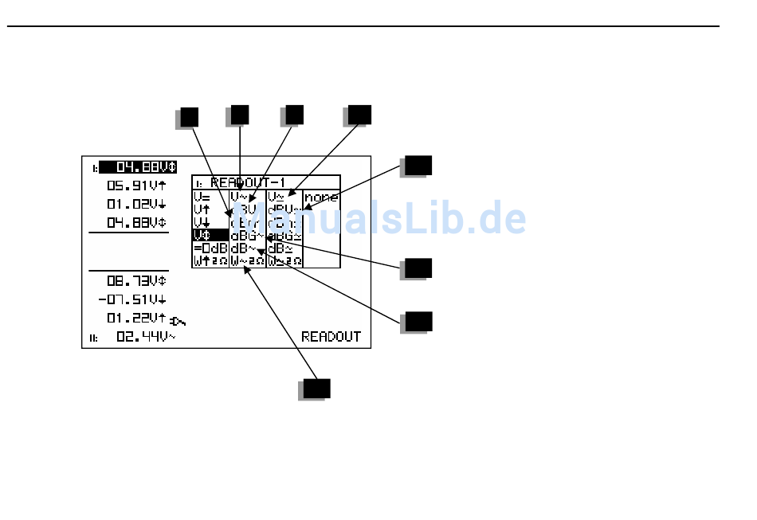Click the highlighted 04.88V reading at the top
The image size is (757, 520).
(x=138, y=167)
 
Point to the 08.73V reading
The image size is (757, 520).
(x=136, y=280)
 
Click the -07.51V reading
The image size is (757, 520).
(x=131, y=299)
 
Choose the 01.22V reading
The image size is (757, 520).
(x=136, y=318)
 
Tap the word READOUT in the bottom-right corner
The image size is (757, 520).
(x=331, y=337)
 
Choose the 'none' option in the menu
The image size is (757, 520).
(x=320, y=197)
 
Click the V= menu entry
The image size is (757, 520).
(x=202, y=197)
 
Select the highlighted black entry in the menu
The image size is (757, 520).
(x=210, y=235)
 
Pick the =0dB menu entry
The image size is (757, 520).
(x=210, y=248)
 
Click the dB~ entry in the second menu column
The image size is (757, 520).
(x=245, y=248)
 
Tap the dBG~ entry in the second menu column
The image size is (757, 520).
(x=247, y=235)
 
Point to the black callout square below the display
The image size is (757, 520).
(x=316, y=388)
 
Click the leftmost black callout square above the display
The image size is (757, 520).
(x=189, y=116)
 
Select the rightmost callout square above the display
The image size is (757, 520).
(x=360, y=114)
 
